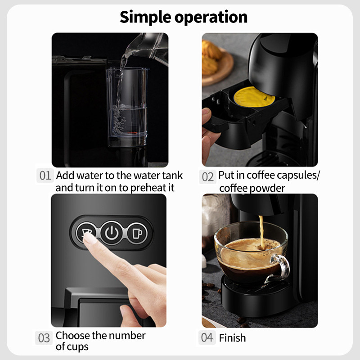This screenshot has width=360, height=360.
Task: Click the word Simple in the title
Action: [147, 17]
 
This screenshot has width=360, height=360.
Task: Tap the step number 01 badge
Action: [45, 175]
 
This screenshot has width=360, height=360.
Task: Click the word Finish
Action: [232, 337]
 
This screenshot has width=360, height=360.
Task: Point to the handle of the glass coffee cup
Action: [281, 267]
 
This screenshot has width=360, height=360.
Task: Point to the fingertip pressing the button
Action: [90, 238]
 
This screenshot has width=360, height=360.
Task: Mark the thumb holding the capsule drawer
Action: [206, 119]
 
